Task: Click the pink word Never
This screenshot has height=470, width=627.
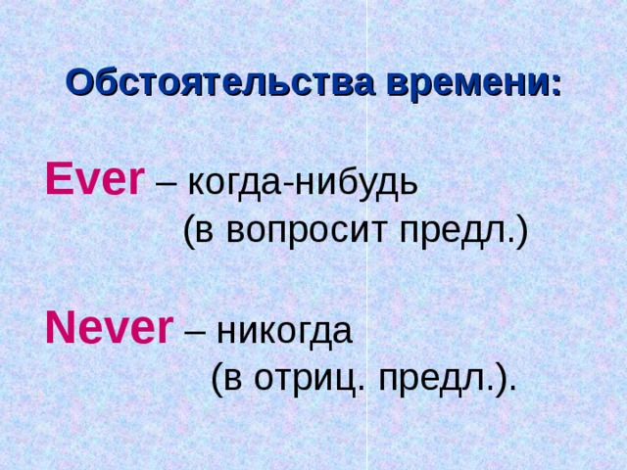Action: click(109, 329)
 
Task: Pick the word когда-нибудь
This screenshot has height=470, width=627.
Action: click(302, 182)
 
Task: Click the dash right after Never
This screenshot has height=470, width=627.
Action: click(194, 333)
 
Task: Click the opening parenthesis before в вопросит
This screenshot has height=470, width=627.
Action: click(190, 232)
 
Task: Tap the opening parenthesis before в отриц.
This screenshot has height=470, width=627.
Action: click(217, 379)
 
